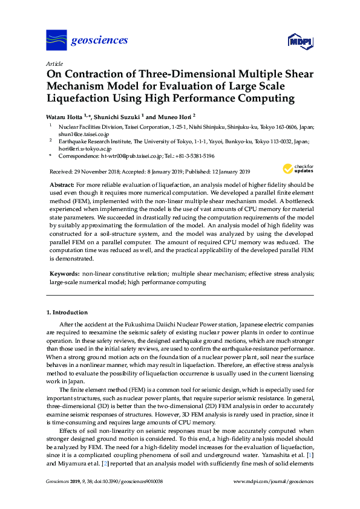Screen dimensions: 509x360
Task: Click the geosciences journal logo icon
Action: pos(56,41)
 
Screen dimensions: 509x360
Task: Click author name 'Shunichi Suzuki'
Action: pos(121,116)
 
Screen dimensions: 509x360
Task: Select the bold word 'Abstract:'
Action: pos(62,183)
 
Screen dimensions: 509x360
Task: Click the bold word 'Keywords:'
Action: pos(64,274)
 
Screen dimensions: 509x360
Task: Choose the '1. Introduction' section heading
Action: pos(67,313)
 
